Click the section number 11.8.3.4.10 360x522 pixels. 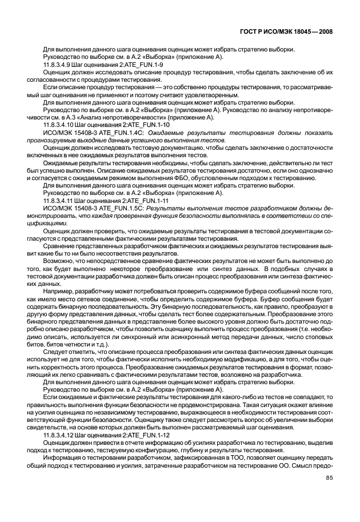(58, 124)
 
